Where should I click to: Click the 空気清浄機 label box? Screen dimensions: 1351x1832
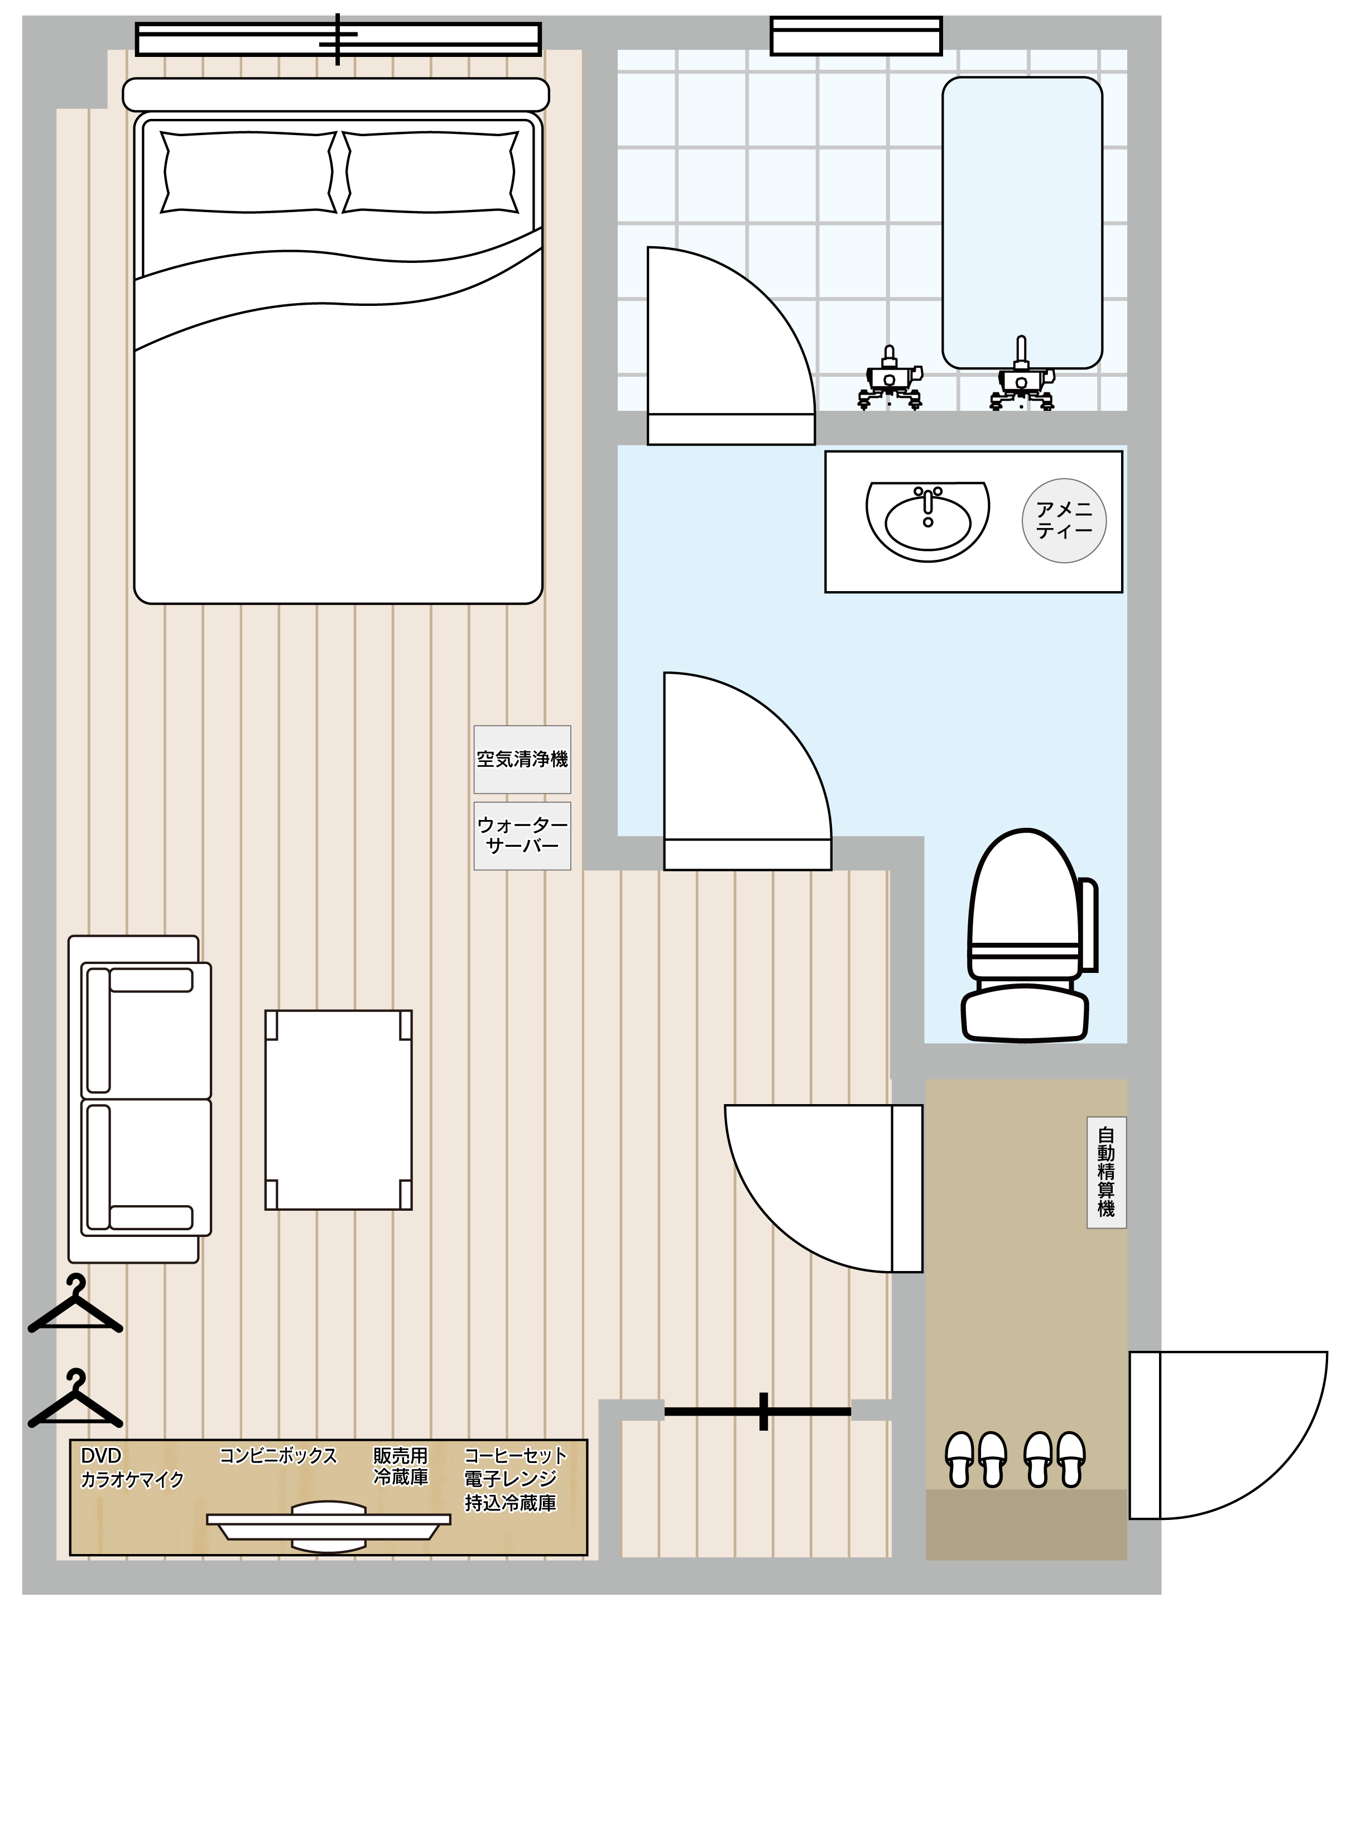[x=522, y=759]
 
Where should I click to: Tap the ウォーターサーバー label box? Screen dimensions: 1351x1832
[x=522, y=835]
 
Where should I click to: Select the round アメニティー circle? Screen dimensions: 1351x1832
[x=1064, y=520]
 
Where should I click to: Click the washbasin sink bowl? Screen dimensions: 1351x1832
[x=927, y=521]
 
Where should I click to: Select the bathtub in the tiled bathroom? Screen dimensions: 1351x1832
[x=1022, y=223]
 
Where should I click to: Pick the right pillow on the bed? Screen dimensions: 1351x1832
[x=431, y=172]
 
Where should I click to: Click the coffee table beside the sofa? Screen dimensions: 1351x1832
[x=339, y=1110]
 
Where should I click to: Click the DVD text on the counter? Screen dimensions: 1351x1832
[x=100, y=1456]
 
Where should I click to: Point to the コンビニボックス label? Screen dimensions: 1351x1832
[x=278, y=1456]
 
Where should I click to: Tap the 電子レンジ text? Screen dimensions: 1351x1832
[x=510, y=1479]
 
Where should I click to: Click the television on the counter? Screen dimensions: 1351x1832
[x=329, y=1526]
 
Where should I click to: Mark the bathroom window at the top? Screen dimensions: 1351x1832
[x=856, y=36]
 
